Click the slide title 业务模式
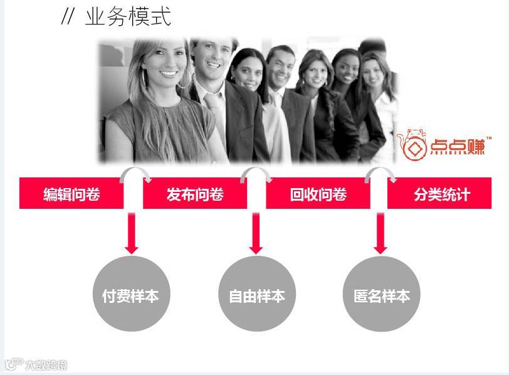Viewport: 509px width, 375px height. [x=128, y=16]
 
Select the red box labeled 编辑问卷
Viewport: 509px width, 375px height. [x=71, y=194]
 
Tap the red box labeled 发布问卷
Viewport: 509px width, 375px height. [x=195, y=194]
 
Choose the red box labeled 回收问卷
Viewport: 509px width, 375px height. [x=318, y=194]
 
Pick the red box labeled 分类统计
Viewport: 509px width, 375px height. [x=441, y=194]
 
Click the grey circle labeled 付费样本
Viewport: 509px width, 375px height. [x=130, y=295]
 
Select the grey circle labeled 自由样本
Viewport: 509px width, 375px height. [x=256, y=295]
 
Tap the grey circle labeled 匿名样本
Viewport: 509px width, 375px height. [x=381, y=295]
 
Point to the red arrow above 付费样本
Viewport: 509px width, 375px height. [x=131, y=233]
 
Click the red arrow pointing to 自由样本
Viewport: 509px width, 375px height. [x=256, y=233]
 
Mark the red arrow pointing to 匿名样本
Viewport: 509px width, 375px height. [x=380, y=233]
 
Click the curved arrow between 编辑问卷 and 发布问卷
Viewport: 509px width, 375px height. [x=135, y=172]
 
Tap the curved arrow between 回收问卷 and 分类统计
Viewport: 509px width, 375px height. [x=380, y=172]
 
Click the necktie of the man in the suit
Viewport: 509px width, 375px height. [x=215, y=110]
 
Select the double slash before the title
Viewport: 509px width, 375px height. [x=68, y=17]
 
